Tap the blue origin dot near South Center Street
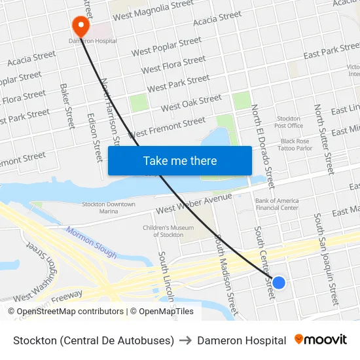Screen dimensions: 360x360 278,283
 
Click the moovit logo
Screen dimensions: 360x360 321,340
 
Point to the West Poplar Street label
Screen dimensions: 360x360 166,46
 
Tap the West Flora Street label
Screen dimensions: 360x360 173,65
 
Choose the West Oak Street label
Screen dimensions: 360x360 191,103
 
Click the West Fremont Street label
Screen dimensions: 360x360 169,126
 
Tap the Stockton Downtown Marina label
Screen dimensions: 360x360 109,207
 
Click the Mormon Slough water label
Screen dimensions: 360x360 92,242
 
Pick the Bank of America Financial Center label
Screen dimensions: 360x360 276,204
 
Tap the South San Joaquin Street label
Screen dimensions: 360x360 325,259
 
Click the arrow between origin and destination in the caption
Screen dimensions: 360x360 185,340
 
